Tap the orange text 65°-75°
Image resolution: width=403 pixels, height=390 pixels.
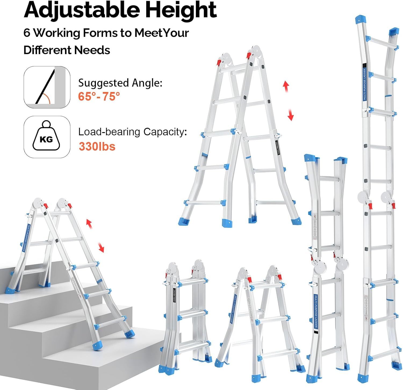point(99,96)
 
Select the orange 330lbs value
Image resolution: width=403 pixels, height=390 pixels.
point(97,147)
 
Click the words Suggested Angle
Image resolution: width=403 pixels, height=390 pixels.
point(120,83)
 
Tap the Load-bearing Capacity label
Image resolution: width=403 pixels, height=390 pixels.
point(132,132)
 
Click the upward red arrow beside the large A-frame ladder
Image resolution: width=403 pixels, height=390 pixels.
point(286,87)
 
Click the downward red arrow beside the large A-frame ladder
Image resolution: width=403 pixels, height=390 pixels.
point(290,115)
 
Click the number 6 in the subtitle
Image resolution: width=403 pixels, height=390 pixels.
point(27,33)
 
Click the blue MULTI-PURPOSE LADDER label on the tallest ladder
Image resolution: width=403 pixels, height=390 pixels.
point(365,84)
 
